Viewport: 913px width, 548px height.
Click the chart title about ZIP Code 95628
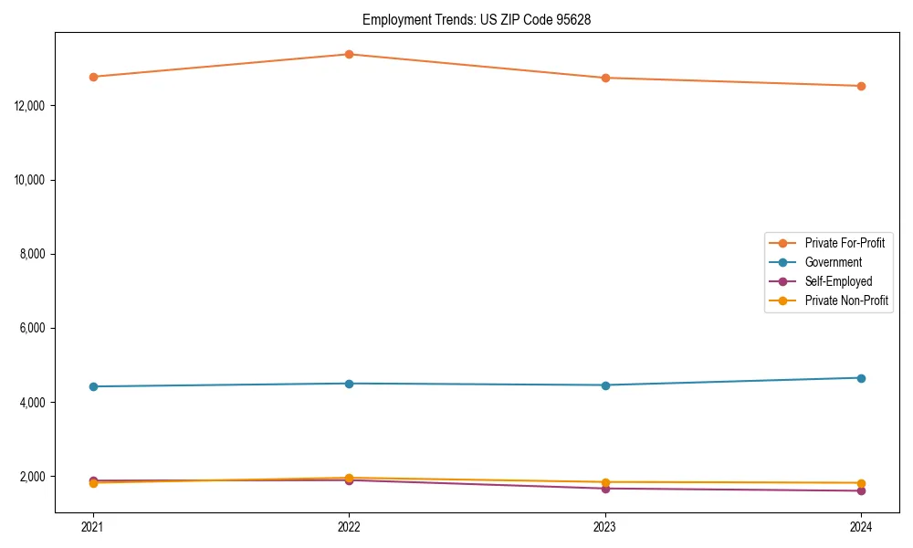coord(477,20)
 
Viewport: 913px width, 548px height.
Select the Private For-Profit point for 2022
coord(349,55)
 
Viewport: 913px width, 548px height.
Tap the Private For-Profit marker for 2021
coord(93,77)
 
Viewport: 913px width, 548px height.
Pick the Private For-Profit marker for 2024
coord(861,86)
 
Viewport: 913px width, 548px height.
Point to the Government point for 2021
coord(93,386)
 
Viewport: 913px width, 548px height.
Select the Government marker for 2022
coord(349,384)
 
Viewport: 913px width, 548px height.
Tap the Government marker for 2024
coord(861,378)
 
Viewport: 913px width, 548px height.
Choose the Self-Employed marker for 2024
coord(861,491)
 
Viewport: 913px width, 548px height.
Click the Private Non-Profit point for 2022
coord(349,478)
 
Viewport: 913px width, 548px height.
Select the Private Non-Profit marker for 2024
coord(861,483)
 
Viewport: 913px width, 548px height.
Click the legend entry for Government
coord(833,262)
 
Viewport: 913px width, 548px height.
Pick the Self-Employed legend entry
coord(838,281)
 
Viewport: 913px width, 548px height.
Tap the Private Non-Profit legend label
coord(846,300)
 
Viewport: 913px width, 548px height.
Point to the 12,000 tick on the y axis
coord(32,106)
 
